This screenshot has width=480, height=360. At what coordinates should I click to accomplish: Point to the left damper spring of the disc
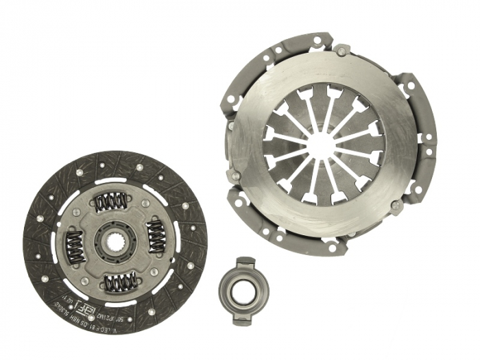75,246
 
